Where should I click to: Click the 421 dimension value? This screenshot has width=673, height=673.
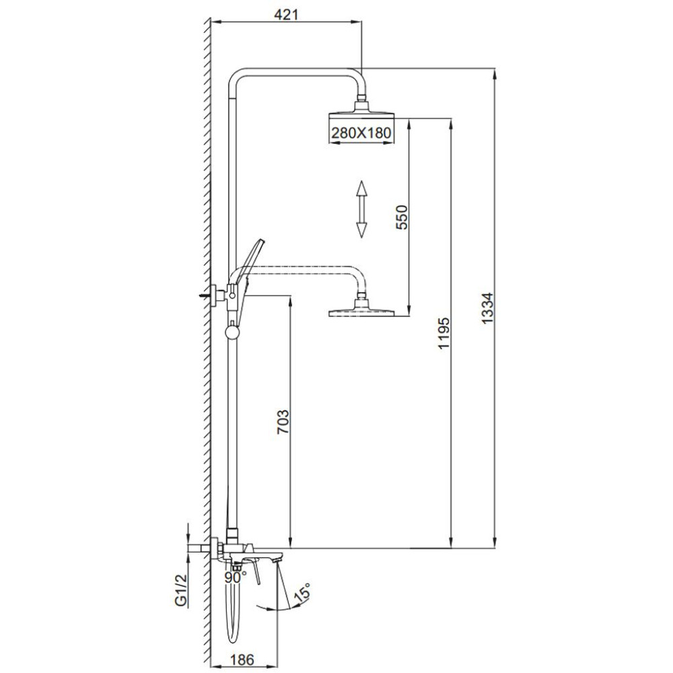click(x=286, y=14)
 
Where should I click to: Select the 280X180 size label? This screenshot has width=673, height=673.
click(x=361, y=133)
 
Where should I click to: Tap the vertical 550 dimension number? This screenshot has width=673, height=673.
click(x=402, y=217)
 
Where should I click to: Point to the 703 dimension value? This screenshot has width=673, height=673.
click(x=283, y=422)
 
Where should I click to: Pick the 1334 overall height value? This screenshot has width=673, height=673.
click(x=487, y=308)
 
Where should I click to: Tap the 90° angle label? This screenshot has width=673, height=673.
click(x=236, y=577)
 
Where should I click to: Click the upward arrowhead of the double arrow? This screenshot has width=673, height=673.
click(x=361, y=188)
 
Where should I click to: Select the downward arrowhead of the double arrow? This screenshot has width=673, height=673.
click(x=361, y=230)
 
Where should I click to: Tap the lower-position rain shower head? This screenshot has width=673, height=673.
click(x=361, y=309)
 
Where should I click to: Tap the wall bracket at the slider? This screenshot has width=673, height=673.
click(x=219, y=295)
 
